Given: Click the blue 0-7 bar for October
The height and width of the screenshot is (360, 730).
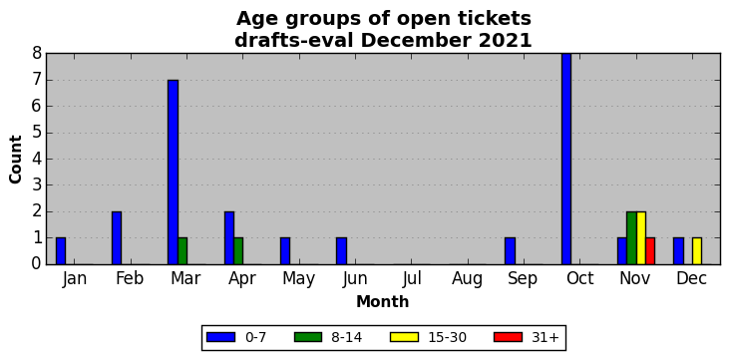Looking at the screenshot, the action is (x=566, y=159).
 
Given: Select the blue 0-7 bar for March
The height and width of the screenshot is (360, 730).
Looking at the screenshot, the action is (x=174, y=173).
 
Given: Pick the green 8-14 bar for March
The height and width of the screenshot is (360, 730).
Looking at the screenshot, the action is (x=182, y=251).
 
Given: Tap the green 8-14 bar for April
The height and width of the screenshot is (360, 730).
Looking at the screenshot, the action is (x=238, y=251).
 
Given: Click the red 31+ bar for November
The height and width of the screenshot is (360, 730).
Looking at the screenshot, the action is (x=650, y=251).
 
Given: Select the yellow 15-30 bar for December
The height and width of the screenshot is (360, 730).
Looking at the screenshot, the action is (x=697, y=251).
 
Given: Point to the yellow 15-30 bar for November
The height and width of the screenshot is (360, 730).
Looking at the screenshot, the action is (x=641, y=238).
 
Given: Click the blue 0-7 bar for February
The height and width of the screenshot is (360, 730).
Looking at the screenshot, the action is (x=117, y=238).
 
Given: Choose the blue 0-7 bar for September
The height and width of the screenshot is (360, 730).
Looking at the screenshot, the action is (x=511, y=251).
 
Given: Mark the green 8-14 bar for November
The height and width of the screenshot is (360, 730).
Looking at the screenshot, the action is (x=631, y=238).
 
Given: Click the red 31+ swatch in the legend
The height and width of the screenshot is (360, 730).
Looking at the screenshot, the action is (x=508, y=337).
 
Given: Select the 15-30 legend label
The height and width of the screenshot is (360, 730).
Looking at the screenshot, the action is (x=448, y=337).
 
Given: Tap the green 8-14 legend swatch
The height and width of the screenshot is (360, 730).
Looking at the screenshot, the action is (x=308, y=337).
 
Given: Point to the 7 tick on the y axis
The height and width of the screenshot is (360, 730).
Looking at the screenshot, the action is (x=47, y=80).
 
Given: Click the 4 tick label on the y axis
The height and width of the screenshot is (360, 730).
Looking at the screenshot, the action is (x=37, y=160).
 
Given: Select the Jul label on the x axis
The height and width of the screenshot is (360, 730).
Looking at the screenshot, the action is (x=412, y=278).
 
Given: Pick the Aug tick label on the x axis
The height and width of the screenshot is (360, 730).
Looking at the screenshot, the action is (x=468, y=279).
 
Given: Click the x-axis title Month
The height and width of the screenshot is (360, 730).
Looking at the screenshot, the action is (x=382, y=302).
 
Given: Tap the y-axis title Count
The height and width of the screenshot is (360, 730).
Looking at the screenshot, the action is (x=16, y=160).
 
